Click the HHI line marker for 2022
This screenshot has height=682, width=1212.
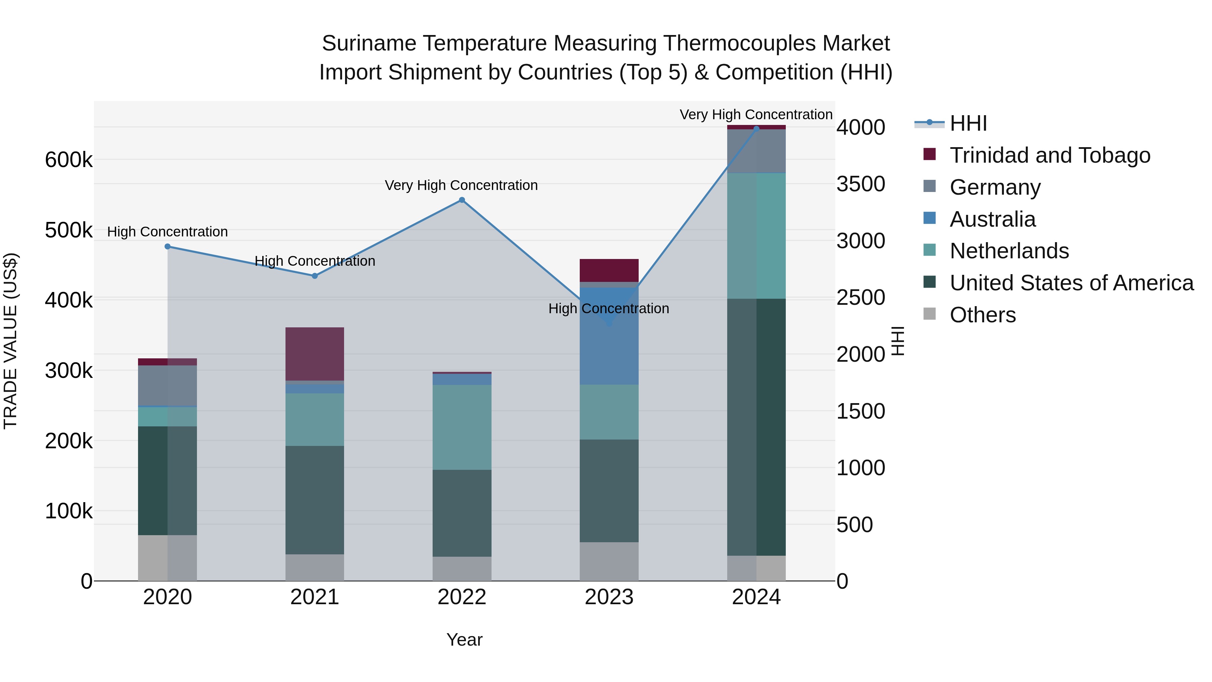[462, 200]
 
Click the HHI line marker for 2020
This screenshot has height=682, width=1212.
[168, 247]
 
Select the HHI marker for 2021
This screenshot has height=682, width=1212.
[315, 276]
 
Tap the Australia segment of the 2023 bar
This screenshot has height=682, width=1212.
[609, 336]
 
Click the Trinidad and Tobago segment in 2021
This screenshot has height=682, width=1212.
[315, 354]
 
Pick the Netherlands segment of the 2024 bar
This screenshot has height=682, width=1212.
[756, 235]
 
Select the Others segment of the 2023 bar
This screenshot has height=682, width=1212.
[609, 561]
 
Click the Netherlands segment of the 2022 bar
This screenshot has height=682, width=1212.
[462, 427]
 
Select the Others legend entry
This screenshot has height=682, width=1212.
[982, 315]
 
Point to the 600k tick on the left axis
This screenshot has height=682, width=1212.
[69, 160]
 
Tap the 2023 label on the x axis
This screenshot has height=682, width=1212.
[609, 597]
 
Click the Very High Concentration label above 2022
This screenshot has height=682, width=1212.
[461, 186]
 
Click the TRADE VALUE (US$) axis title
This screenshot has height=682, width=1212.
[10, 341]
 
